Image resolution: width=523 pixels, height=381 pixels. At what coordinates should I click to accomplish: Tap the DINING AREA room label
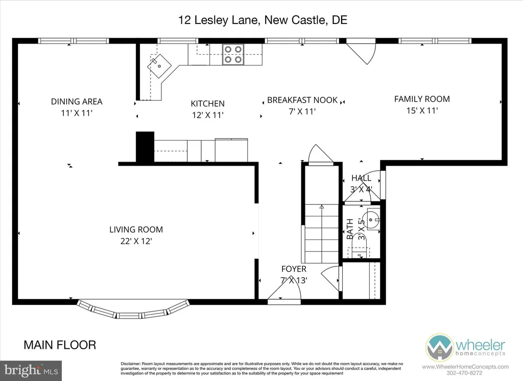[77, 101]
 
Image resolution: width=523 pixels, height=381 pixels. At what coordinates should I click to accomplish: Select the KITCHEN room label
[207, 104]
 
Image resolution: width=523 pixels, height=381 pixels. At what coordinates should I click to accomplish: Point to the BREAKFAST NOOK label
[302, 100]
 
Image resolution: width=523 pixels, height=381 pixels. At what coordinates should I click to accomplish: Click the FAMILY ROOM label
[422, 99]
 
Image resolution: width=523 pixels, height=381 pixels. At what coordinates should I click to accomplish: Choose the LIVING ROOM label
[136, 230]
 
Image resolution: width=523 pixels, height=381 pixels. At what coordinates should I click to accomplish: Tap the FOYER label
[294, 269]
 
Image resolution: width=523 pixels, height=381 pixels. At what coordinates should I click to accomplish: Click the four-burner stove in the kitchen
[233, 55]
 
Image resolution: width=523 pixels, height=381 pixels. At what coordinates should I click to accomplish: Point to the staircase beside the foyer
[322, 233]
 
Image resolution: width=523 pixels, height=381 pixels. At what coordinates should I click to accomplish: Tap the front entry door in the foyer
[284, 294]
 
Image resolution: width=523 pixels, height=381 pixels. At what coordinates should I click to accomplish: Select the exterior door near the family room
[362, 51]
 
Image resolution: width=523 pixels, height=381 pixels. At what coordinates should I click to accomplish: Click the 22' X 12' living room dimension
[136, 240]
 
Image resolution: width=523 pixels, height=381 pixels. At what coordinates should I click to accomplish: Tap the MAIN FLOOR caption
[60, 345]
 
